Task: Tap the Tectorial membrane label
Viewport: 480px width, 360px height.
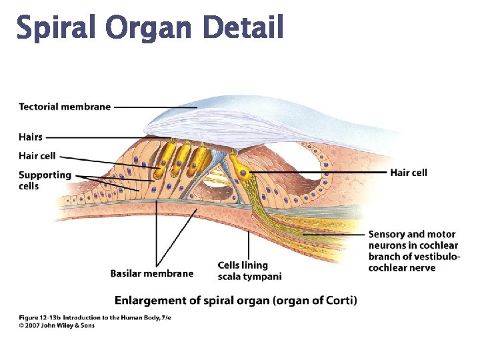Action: tap(65, 107)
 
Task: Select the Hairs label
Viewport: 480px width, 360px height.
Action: tap(31, 137)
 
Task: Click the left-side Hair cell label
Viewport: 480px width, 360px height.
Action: tap(37, 156)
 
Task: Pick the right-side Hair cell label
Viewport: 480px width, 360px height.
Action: tap(409, 173)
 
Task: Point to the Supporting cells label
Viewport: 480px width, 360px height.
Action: tap(45, 180)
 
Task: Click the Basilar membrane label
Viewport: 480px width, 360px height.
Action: tap(151, 273)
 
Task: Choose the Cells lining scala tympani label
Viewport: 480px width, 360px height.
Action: tap(249, 271)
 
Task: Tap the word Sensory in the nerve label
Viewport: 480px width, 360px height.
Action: tap(387, 234)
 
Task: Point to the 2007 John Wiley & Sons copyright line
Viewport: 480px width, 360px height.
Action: tap(57, 325)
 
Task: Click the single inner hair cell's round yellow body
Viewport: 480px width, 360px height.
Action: tap(246, 175)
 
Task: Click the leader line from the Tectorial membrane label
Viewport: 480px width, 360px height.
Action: tap(157, 107)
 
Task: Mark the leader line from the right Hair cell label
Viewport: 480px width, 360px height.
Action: tap(320, 172)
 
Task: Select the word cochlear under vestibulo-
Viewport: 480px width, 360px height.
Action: tap(389, 268)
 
